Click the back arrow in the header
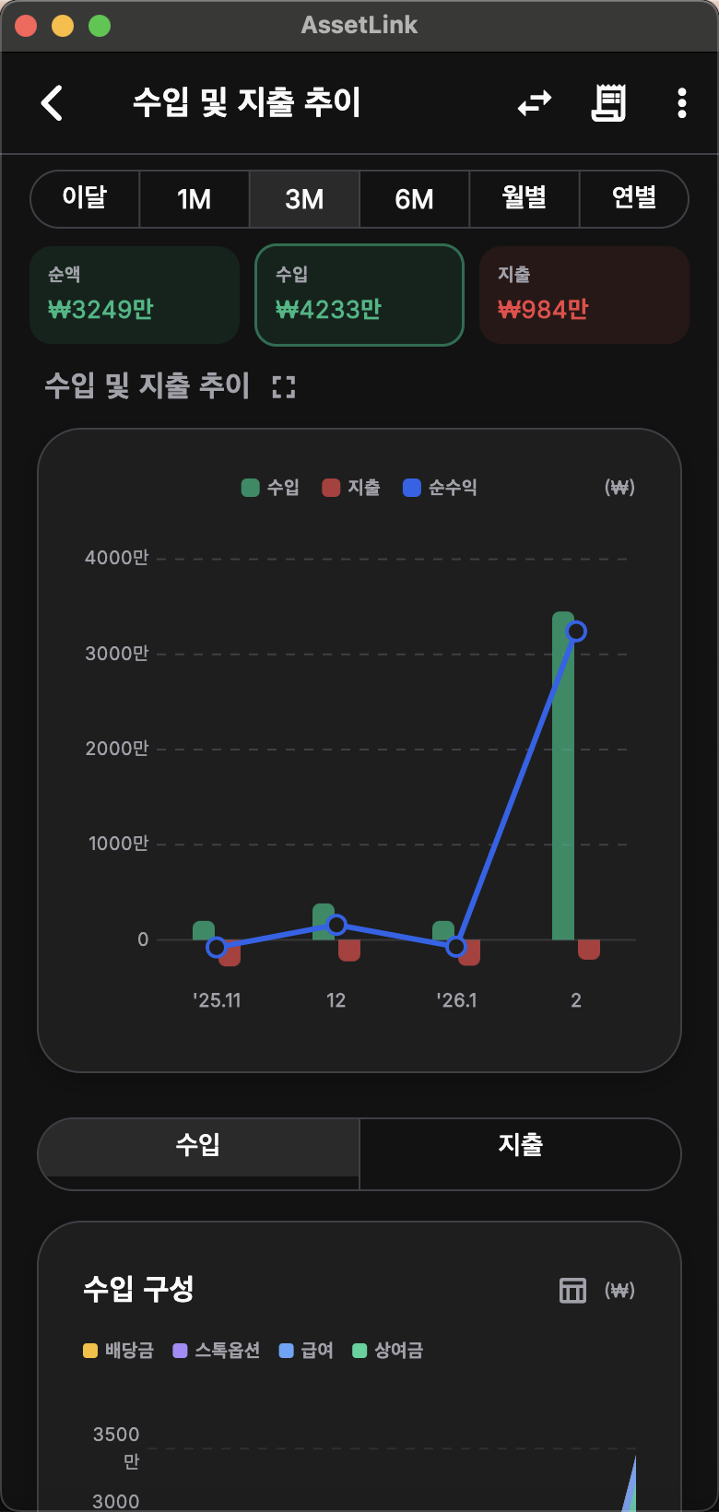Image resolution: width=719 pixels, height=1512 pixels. click(x=53, y=102)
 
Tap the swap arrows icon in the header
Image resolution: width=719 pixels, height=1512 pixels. click(x=535, y=103)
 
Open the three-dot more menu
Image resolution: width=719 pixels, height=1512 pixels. click(x=682, y=103)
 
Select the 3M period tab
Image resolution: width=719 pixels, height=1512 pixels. click(x=304, y=199)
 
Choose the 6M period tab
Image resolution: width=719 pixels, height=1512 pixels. click(x=414, y=199)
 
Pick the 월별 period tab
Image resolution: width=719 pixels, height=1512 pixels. click(x=524, y=199)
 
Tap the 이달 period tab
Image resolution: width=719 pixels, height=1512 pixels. click(x=85, y=199)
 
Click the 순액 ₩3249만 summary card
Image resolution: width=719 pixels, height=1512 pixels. click(x=135, y=295)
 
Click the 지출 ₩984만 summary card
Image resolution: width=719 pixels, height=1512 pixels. click(x=584, y=295)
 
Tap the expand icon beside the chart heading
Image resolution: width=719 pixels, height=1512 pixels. click(x=284, y=387)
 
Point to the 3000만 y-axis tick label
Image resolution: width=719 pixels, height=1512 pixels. click(x=117, y=654)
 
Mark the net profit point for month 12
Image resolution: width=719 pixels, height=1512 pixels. click(x=336, y=925)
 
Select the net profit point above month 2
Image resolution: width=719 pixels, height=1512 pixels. click(x=576, y=632)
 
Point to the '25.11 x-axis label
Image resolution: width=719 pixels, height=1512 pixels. click(x=217, y=1000)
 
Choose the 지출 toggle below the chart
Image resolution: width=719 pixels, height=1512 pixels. click(x=520, y=1145)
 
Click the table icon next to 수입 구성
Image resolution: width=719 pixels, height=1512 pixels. click(x=572, y=1291)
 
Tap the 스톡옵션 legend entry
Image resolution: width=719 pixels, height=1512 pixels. click(x=218, y=1351)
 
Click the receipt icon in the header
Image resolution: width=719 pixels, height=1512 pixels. click(x=608, y=103)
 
